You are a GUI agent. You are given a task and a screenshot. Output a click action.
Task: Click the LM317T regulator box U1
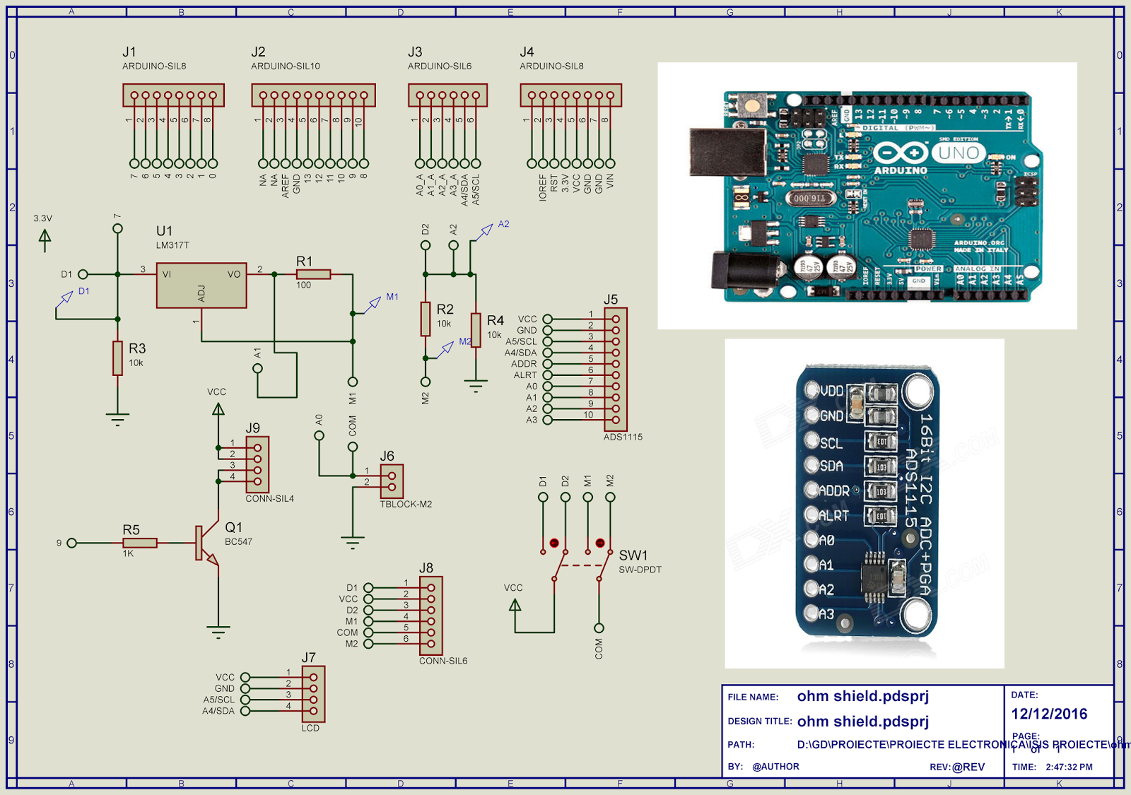coord(201,285)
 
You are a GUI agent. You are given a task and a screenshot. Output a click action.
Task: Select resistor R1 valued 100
coord(313,274)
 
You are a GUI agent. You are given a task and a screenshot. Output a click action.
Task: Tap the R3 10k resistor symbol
coord(117,358)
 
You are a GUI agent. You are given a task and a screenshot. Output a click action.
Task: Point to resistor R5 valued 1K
coord(140,543)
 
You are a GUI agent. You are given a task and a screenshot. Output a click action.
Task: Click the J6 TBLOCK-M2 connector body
coord(392,481)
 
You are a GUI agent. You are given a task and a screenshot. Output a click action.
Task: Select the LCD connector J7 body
coord(313,694)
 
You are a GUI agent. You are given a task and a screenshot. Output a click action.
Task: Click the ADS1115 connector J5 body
coord(616,369)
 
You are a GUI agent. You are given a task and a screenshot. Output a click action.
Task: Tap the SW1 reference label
coord(633,555)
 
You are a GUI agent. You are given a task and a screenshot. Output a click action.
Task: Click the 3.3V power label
coord(42,218)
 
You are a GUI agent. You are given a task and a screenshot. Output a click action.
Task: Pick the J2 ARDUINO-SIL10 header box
coord(313,95)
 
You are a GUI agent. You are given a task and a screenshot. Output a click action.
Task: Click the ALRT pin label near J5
coord(525,375)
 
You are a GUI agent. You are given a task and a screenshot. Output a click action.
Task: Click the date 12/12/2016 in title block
coord(1049,714)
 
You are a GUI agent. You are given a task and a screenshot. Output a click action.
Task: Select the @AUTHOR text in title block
coord(775,767)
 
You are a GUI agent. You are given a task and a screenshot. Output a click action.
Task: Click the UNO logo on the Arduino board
coord(959,153)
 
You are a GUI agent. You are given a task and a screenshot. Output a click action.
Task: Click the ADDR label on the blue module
coord(834,490)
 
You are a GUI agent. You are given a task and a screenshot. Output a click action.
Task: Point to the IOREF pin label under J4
coord(543,187)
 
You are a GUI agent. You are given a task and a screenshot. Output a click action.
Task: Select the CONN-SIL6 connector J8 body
coord(430,616)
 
